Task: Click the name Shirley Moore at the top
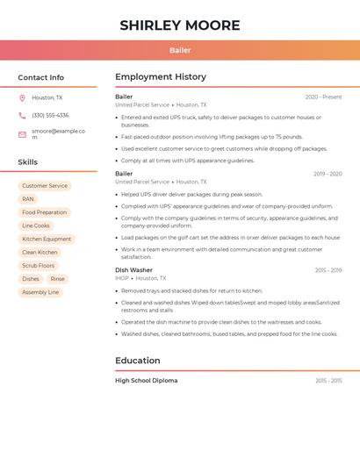pyautogui.click(x=180, y=25)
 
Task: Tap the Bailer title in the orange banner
pyautogui.click(x=180, y=50)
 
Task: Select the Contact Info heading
pyautogui.click(x=40, y=77)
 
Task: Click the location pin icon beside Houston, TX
pyautogui.click(x=22, y=97)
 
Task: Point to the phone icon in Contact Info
pyautogui.click(x=22, y=115)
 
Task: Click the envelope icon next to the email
pyautogui.click(x=22, y=134)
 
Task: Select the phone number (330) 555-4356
pyautogui.click(x=50, y=115)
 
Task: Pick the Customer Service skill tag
pyautogui.click(x=45, y=186)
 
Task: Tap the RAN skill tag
pyautogui.click(x=28, y=199)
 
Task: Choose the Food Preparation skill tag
pyautogui.click(x=44, y=212)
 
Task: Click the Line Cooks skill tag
pyautogui.click(x=36, y=225)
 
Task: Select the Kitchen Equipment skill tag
pyautogui.click(x=47, y=239)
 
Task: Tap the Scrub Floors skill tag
pyautogui.click(x=39, y=265)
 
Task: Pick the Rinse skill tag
pyautogui.click(x=57, y=279)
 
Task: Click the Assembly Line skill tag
pyautogui.click(x=40, y=292)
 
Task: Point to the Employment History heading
pyautogui.click(x=161, y=77)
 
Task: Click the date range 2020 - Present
pyautogui.click(x=323, y=97)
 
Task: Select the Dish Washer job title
pyautogui.click(x=133, y=270)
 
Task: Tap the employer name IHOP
pyautogui.click(x=121, y=278)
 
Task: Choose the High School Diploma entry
pyautogui.click(x=146, y=381)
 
